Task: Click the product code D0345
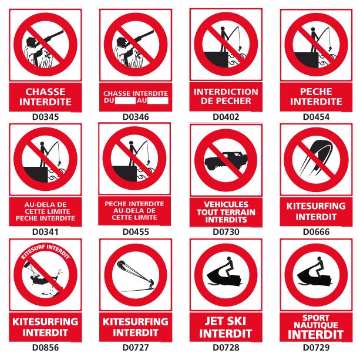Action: tap(45, 117)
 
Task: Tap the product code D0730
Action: tap(226, 231)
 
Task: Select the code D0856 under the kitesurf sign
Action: tap(45, 347)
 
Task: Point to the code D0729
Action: tap(316, 347)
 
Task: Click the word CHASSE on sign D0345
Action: tap(45, 92)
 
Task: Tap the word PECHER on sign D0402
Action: tap(237, 101)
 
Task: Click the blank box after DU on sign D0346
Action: tap(125, 100)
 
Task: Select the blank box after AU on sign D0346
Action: tap(158, 100)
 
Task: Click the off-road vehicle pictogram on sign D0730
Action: tap(226, 161)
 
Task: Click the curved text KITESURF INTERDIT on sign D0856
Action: tap(45, 251)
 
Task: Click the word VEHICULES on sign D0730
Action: tap(226, 204)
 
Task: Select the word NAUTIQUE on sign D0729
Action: tap(316, 325)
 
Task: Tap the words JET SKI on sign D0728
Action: tap(226, 321)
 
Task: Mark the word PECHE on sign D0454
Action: tap(316, 92)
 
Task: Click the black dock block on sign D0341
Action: tap(36, 174)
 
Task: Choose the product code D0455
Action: tap(136, 231)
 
